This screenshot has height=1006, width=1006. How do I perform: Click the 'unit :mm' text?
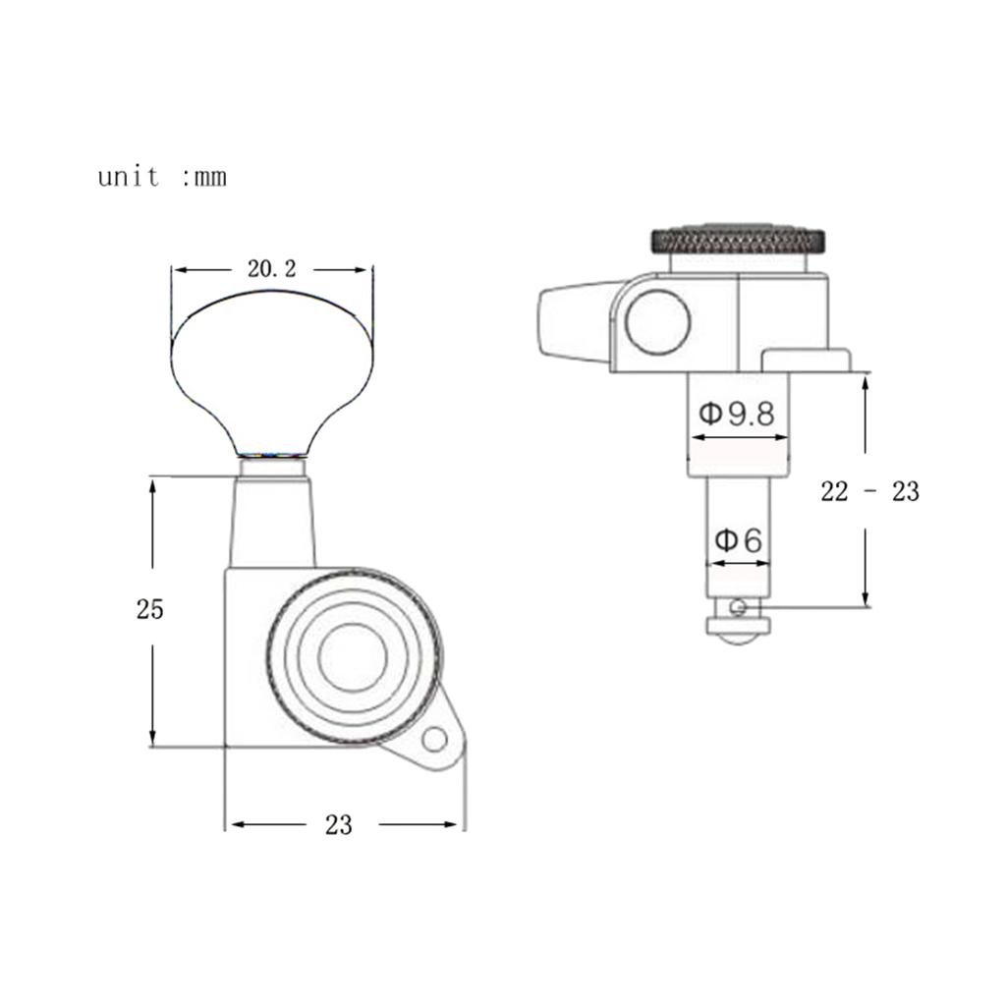point(162,177)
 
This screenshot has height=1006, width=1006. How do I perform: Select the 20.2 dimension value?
point(272,269)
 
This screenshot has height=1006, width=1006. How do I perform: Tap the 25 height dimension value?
point(150,609)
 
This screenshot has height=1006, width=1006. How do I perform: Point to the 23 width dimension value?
point(339,825)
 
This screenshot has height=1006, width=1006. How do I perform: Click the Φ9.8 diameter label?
point(737,414)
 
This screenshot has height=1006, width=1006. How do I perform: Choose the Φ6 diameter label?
point(738,540)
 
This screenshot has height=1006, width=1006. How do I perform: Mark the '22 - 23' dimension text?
point(870,491)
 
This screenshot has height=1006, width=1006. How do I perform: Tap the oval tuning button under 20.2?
point(272,372)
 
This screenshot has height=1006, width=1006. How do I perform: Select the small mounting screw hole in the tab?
point(434,740)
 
